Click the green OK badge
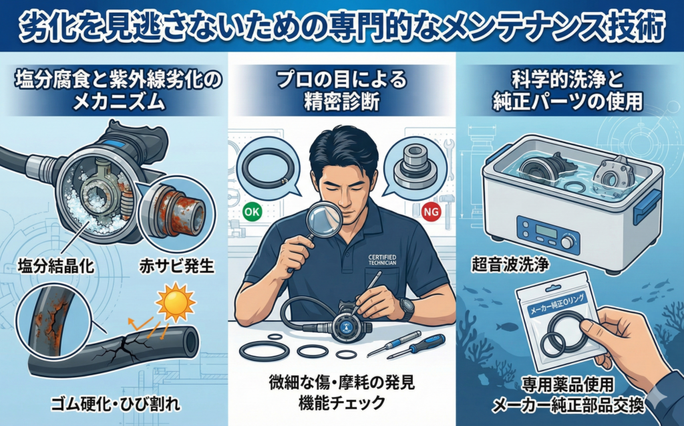(x=252, y=213)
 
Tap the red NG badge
(x=432, y=212)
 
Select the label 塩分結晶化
(x=56, y=265)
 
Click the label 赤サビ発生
(x=176, y=265)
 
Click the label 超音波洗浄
(x=510, y=264)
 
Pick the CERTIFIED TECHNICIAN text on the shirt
(x=382, y=260)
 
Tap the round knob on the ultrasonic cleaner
(x=567, y=241)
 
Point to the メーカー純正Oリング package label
(x=558, y=304)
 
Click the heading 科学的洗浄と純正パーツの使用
(x=568, y=91)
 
